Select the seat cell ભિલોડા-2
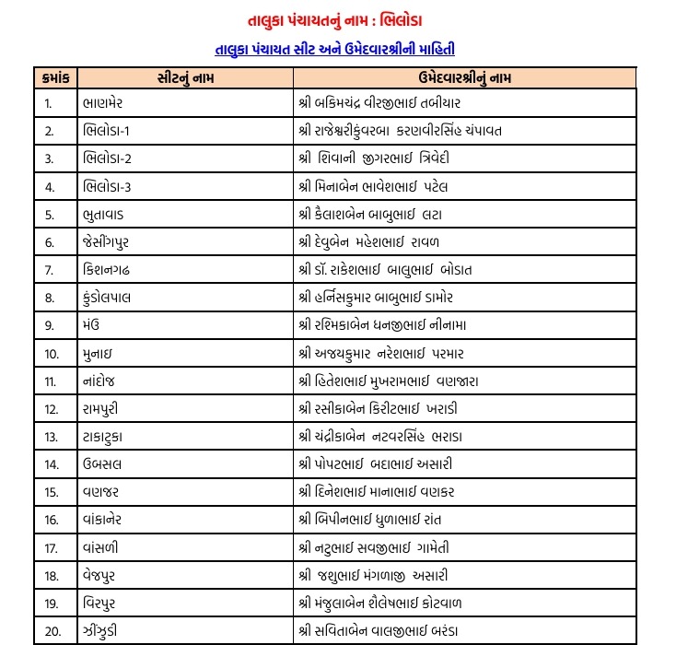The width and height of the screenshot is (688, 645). pyautogui.click(x=107, y=158)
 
